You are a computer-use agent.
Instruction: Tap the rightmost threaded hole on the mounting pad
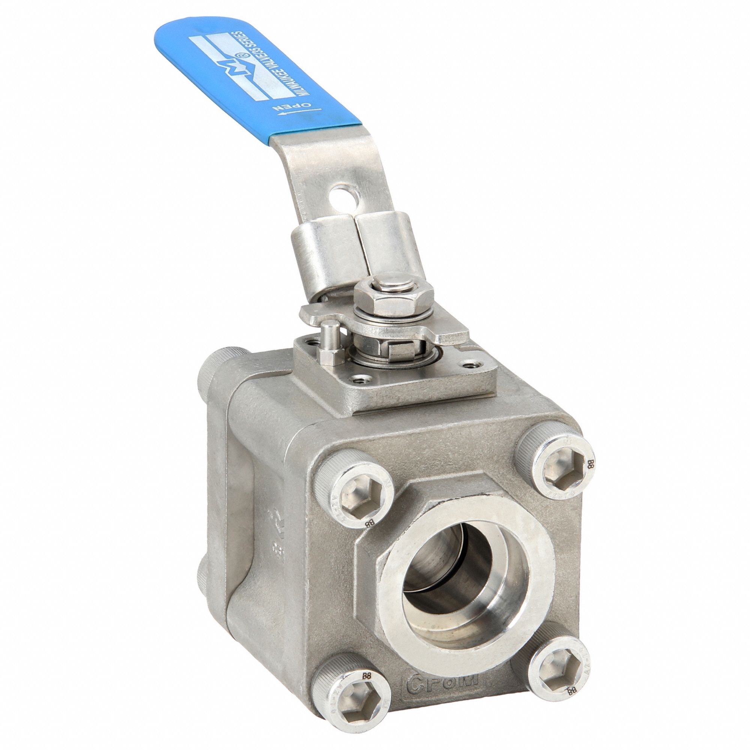pyautogui.click(x=471, y=364)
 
